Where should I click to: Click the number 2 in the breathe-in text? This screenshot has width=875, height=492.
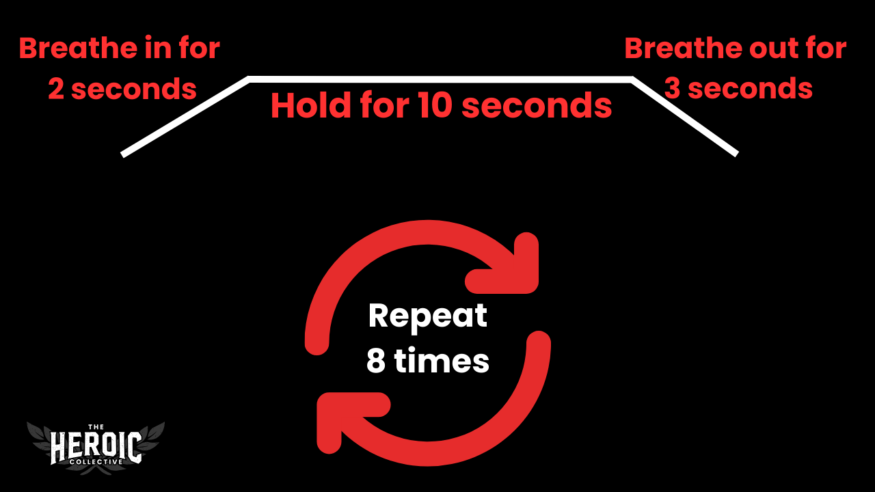click(x=57, y=90)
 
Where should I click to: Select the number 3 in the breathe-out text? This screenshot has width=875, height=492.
click(x=673, y=90)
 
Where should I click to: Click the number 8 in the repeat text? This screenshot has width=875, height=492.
click(x=376, y=361)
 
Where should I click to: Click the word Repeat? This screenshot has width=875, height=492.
click(x=428, y=316)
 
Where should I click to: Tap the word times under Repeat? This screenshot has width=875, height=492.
click(x=442, y=361)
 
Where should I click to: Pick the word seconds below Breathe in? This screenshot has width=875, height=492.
click(x=133, y=90)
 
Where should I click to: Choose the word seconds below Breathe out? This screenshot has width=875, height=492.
click(x=749, y=90)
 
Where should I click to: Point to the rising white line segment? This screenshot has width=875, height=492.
click(x=185, y=117)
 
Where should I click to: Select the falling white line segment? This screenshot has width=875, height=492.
click(x=684, y=117)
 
